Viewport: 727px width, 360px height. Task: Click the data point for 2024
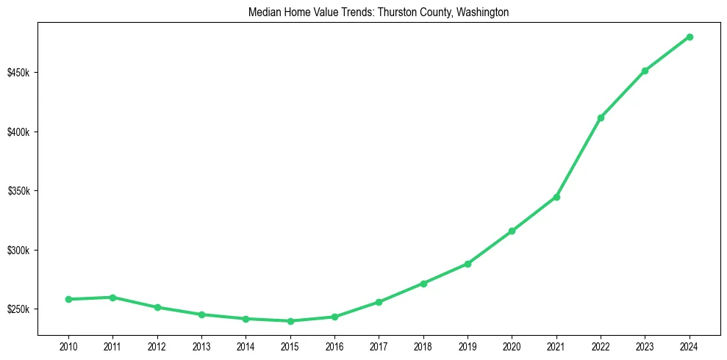pyautogui.click(x=690, y=37)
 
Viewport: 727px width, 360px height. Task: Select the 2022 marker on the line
pyautogui.click(x=601, y=118)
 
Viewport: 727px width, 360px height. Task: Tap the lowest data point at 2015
pyautogui.click(x=290, y=321)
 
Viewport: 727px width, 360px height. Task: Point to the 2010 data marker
pyautogui.click(x=68, y=299)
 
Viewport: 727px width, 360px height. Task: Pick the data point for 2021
pyautogui.click(x=556, y=197)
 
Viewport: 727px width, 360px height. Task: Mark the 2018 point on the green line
pyautogui.click(x=423, y=283)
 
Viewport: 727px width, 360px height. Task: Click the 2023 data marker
pyautogui.click(x=645, y=71)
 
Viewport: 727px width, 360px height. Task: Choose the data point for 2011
pyautogui.click(x=112, y=298)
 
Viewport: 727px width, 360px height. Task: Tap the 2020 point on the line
pyautogui.click(x=512, y=231)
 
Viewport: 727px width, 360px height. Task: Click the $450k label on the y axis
pyautogui.click(x=18, y=73)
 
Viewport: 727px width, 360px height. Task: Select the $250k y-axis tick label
pyautogui.click(x=18, y=309)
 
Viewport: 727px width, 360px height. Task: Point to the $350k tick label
pyautogui.click(x=18, y=191)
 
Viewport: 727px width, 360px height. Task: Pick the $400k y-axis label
pyautogui.click(x=18, y=132)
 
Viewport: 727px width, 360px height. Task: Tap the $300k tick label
pyautogui.click(x=18, y=251)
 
